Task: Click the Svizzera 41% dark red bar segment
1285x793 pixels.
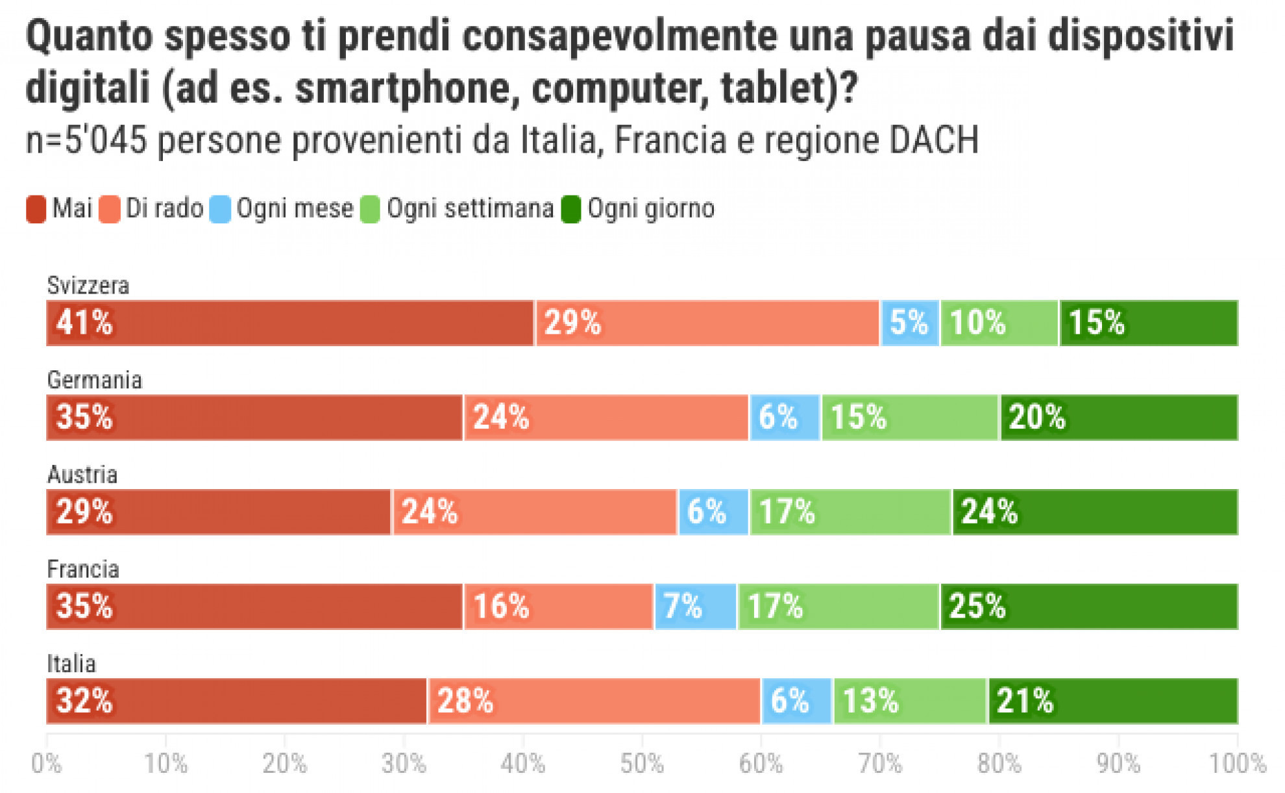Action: coord(289,323)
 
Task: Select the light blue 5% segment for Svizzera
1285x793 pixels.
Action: coord(909,323)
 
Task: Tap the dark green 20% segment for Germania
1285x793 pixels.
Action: coord(1118,417)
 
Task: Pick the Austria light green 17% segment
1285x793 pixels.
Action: coord(850,512)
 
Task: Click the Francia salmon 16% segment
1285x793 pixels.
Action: coord(558,606)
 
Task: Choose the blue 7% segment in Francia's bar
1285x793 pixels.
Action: coord(695,606)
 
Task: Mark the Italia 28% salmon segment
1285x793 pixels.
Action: coord(594,701)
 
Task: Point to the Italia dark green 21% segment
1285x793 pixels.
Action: coord(1112,701)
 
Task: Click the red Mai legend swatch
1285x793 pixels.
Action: coord(36,209)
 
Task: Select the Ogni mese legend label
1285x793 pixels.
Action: coord(295,208)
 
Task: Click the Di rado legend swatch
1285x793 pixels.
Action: coord(110,209)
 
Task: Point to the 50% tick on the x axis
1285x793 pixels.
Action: coord(642,764)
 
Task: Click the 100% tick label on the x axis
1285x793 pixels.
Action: coord(1237,764)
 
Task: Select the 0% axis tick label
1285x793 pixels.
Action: coord(47,764)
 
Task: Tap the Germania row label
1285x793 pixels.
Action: coord(94,380)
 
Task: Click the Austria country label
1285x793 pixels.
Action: coord(82,475)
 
